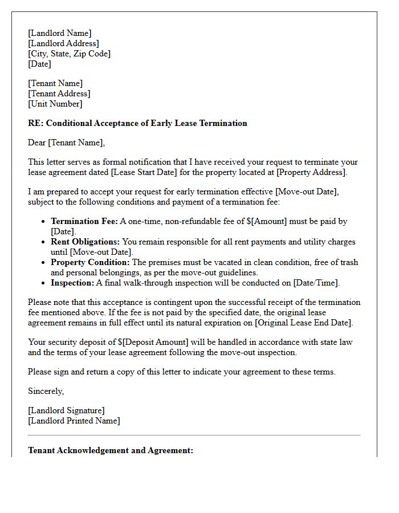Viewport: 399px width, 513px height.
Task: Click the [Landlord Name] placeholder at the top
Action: (59, 33)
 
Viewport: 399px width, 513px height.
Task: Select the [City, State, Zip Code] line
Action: (69, 54)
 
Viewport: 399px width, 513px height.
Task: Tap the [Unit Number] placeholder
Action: (55, 104)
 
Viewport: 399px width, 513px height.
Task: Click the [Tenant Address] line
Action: (59, 93)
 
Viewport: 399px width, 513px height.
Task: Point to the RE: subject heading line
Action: (137, 123)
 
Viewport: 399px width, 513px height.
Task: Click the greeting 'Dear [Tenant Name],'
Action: (67, 142)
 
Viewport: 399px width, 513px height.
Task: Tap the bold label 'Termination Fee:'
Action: (84, 221)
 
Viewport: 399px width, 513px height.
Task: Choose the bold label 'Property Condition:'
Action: (91, 262)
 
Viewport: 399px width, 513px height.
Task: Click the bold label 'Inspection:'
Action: (72, 283)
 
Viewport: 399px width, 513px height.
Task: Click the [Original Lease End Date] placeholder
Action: (303, 323)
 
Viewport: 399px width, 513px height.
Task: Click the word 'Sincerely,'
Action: (46, 391)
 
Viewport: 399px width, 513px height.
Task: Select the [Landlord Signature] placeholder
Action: (66, 410)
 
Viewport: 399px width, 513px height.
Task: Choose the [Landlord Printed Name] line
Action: (74, 421)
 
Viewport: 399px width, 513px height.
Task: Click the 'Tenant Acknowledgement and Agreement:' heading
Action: (111, 450)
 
